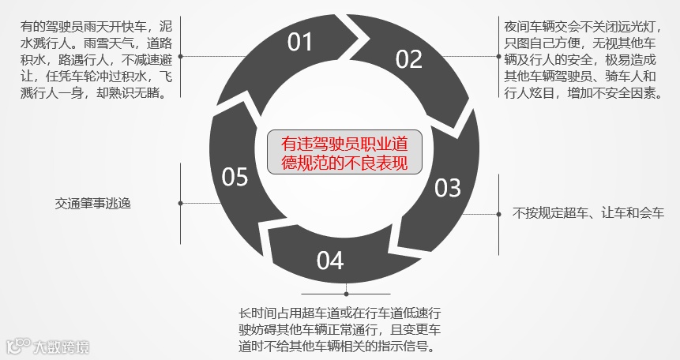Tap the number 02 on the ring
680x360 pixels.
[409, 59]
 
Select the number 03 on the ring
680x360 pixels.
[447, 187]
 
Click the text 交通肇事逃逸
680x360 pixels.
[93, 203]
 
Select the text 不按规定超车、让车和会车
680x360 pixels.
[588, 213]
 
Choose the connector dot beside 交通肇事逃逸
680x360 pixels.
[181, 203]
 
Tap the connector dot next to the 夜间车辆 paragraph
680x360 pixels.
[498, 54]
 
